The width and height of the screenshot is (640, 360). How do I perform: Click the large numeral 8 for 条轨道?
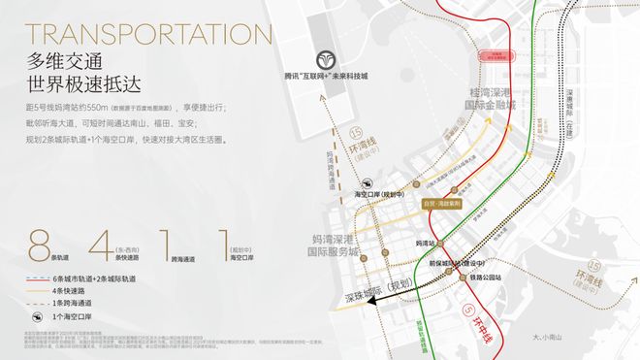[x=38, y=242]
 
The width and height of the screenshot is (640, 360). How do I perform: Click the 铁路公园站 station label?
[x=490, y=276]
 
